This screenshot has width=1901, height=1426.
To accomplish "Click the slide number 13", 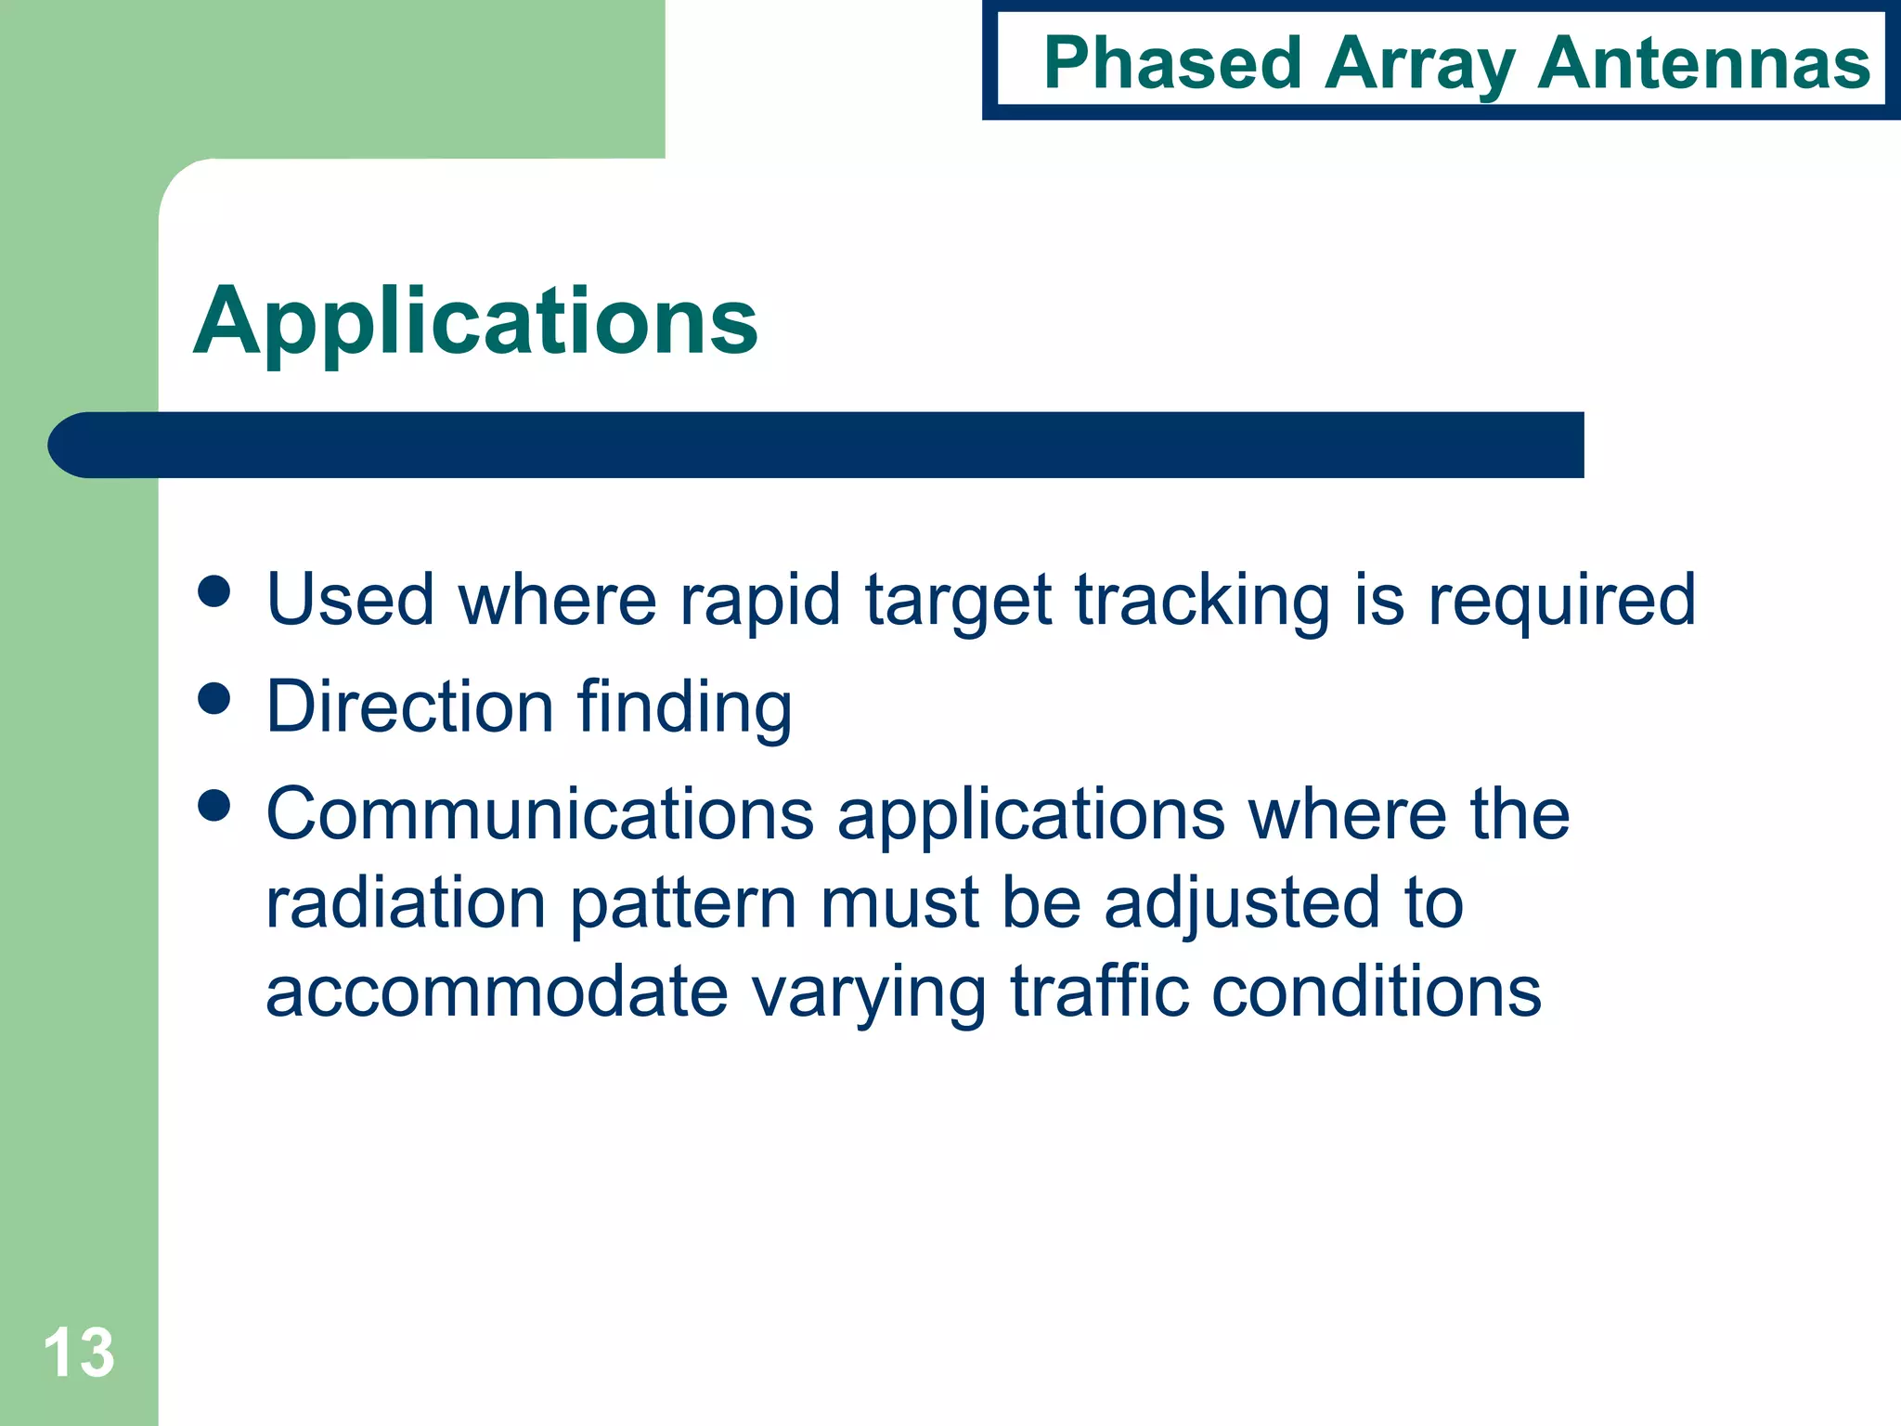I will click(79, 1353).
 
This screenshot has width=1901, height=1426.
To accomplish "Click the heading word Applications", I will click(475, 321).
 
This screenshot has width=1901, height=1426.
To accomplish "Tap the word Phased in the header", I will click(1172, 63).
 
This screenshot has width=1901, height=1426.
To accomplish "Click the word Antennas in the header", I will click(1703, 63).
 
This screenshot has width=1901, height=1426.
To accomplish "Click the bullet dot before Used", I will click(214, 591).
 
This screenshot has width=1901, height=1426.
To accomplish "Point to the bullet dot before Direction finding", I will click(214, 698).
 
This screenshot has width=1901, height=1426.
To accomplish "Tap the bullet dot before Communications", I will click(214, 805).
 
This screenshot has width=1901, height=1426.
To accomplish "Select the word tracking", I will click(1202, 602).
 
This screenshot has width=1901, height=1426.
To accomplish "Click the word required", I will click(1561, 602).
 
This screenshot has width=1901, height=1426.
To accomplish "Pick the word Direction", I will click(410, 707).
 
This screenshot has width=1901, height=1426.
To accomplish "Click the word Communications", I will click(540, 814).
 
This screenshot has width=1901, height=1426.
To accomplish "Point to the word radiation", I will click(406, 903).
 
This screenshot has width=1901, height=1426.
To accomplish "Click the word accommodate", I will click(497, 992).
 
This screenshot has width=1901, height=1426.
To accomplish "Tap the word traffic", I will click(1099, 991).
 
